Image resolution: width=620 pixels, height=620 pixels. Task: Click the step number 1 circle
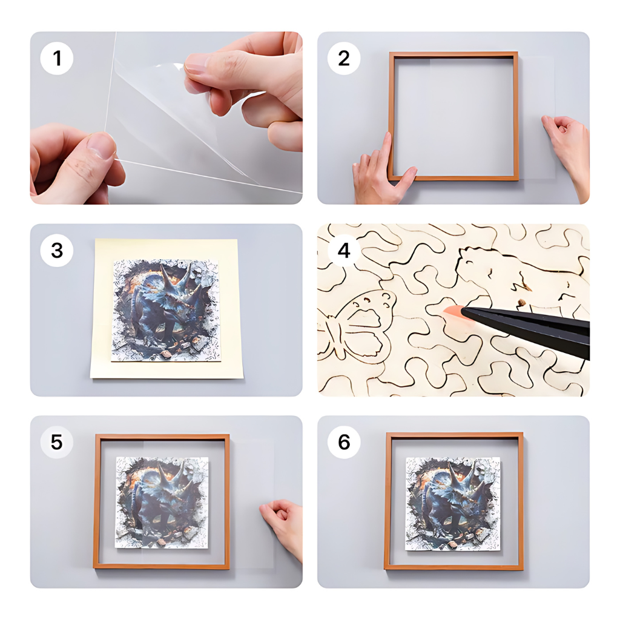tap(57, 59)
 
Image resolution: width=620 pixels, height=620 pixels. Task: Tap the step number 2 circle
tap(344, 59)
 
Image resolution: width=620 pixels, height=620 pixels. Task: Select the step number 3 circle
tap(57, 251)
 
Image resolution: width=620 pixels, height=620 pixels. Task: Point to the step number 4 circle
tap(344, 251)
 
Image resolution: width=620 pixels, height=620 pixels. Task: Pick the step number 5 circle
tap(57, 442)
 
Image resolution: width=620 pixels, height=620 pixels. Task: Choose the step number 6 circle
tap(344, 442)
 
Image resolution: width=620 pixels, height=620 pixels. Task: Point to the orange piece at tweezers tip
tap(453, 312)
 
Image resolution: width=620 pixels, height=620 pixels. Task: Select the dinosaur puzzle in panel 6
tap(453, 504)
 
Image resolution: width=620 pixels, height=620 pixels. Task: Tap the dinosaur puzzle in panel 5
tap(162, 502)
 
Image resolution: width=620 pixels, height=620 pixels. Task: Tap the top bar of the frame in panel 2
tap(453, 55)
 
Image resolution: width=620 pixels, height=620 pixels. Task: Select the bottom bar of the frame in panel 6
tap(454, 567)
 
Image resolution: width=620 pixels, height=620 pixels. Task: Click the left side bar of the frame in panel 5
tap(96, 501)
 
